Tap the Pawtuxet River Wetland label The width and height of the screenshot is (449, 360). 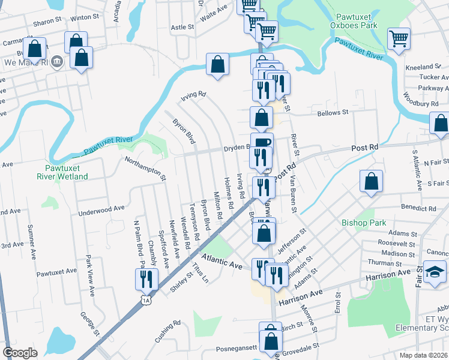click(x=66, y=172)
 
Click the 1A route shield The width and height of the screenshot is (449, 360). click(x=146, y=299)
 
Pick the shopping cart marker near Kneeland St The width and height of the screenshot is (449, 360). click(x=399, y=40)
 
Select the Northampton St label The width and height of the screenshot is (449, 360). click(x=145, y=167)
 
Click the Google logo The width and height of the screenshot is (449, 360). click(x=20, y=353)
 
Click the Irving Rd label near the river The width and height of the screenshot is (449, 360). click(x=194, y=94)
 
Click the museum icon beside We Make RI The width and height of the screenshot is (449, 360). click(x=57, y=61)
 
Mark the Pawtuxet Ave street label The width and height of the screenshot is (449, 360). click(x=56, y=272)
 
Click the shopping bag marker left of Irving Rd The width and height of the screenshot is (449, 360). click(x=217, y=65)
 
